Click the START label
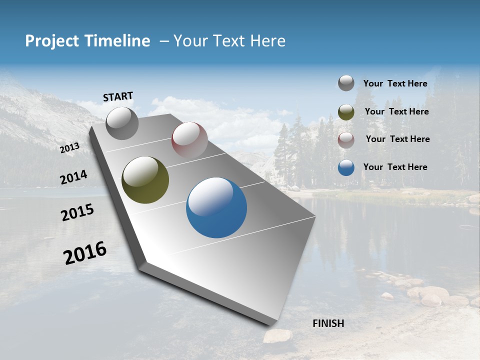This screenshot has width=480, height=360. [x=118, y=96]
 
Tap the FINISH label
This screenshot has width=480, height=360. [x=328, y=323]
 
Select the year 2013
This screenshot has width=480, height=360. [x=69, y=147]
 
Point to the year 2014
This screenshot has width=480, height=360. [x=73, y=177]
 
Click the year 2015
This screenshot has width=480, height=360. [x=77, y=212]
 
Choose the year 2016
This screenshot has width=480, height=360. [x=85, y=253]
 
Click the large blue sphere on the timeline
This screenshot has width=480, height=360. [x=216, y=207]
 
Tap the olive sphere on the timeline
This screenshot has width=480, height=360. [x=145, y=180]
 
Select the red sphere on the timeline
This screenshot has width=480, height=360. [x=189, y=140]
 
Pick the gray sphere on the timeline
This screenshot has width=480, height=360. [x=122, y=123]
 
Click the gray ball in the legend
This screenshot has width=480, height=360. [x=346, y=83]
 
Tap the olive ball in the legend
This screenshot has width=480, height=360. [x=346, y=112]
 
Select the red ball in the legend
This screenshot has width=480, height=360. [x=346, y=140]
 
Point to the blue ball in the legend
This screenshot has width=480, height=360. [x=346, y=167]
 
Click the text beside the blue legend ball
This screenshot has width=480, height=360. [x=395, y=167]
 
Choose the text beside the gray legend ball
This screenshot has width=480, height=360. [x=395, y=83]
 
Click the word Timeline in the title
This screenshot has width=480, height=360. [x=117, y=41]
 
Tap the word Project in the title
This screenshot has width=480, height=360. [x=53, y=41]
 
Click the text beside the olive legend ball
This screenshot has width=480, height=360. [x=396, y=111]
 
